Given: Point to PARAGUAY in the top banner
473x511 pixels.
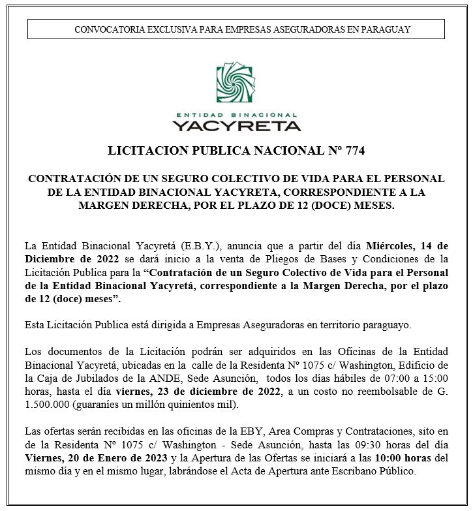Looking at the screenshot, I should [x=389, y=29].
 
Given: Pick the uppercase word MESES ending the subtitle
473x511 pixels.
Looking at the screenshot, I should [x=373, y=206].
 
